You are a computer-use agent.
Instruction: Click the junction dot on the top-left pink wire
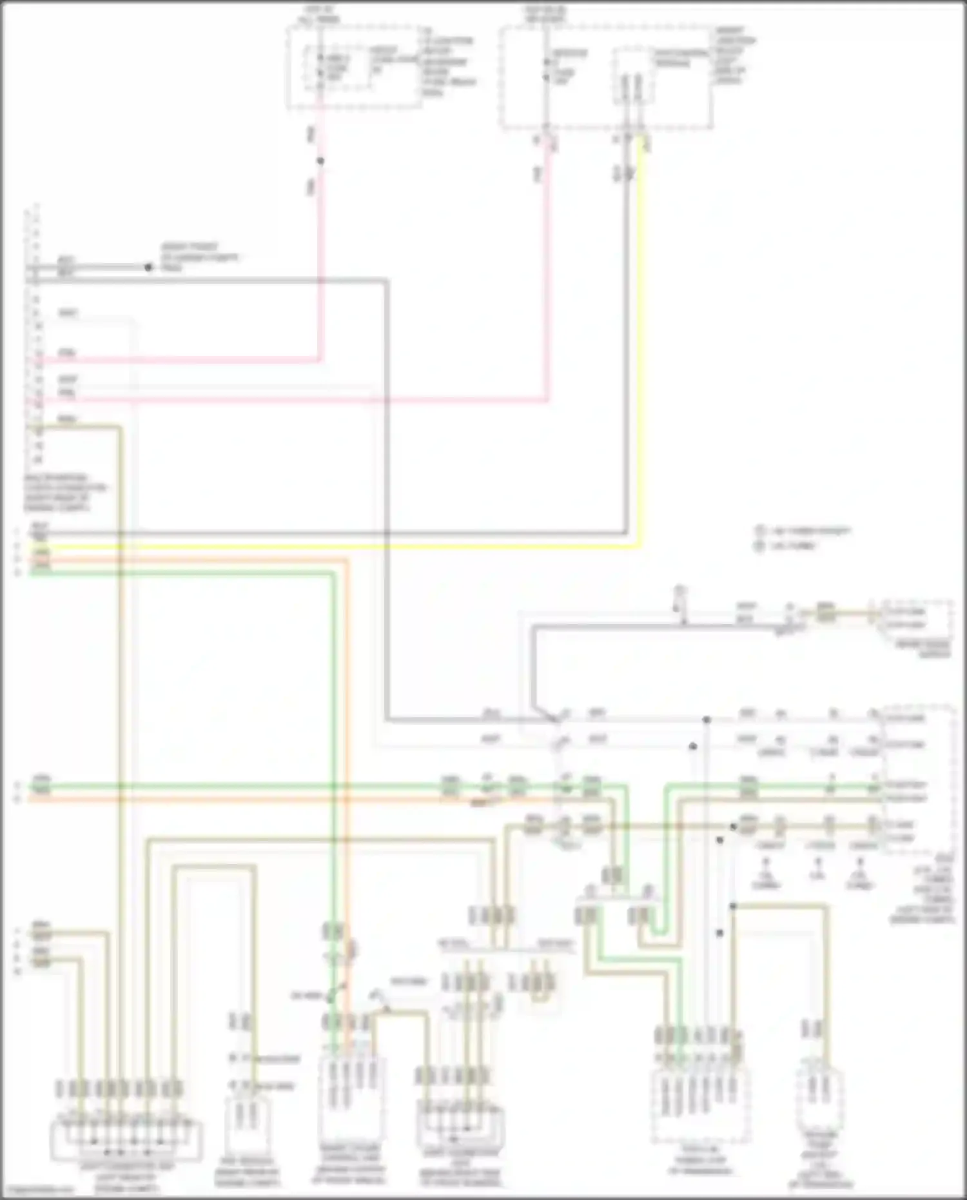(x=320, y=161)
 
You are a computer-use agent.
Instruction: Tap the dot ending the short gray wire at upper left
(x=149, y=267)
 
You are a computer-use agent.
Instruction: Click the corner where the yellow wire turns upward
(x=639, y=547)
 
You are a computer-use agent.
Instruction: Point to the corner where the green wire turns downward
(x=333, y=573)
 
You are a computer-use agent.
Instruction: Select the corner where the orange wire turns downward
(x=347, y=560)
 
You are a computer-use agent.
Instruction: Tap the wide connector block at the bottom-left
(x=126, y=1139)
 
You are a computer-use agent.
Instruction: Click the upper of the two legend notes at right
(x=803, y=531)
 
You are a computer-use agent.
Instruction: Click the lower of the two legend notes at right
(x=786, y=546)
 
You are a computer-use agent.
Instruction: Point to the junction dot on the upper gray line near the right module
(x=707, y=719)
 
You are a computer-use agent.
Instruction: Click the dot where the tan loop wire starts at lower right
(x=733, y=906)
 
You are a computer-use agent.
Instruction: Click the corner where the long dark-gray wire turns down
(x=387, y=280)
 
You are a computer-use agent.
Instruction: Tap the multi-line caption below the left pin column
(x=64, y=493)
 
